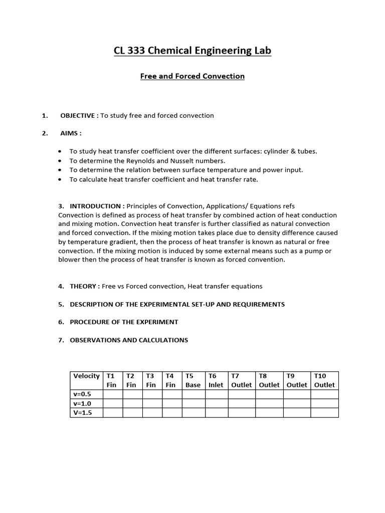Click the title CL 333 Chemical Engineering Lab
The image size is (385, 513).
192,51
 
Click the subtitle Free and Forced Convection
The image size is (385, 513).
192,76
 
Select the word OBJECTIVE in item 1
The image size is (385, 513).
79,116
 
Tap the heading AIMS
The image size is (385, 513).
70,133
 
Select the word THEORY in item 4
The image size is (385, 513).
84,286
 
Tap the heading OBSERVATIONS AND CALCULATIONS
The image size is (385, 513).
129,340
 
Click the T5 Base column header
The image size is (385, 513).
193,380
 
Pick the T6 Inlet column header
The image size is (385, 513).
216,380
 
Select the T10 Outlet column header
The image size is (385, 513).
324,380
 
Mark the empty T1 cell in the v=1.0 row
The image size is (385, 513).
113,404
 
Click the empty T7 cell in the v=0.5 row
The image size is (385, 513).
242,394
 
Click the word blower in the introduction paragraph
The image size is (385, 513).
69,260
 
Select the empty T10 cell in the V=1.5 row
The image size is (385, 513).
324,413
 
